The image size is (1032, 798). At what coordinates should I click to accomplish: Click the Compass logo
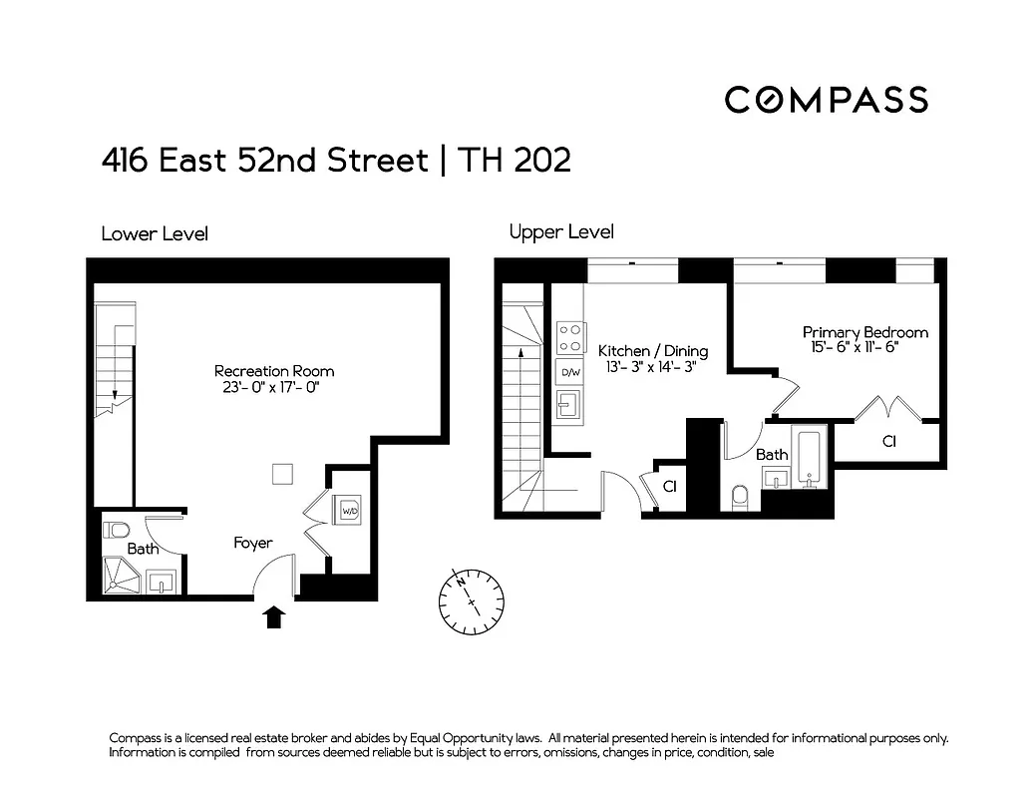point(826,100)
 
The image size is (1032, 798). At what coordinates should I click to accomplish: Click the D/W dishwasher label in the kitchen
point(570,373)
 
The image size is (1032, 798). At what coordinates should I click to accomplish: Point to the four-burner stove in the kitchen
point(570,337)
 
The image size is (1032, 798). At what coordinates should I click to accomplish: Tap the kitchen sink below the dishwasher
point(570,406)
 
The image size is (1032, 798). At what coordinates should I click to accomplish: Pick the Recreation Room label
point(274,371)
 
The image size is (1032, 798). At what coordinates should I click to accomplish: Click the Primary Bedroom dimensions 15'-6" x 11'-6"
point(864,348)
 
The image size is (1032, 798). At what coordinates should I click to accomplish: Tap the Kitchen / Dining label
point(652,351)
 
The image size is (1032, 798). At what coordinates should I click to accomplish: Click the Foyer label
point(253,543)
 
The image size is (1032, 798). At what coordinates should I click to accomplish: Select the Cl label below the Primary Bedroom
point(888,440)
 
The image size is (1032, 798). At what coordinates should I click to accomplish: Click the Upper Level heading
point(561,232)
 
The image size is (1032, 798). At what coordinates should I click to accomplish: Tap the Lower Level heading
point(155,234)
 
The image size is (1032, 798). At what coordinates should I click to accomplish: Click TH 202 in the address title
point(514,161)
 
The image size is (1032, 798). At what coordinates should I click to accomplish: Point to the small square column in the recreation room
point(283,474)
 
